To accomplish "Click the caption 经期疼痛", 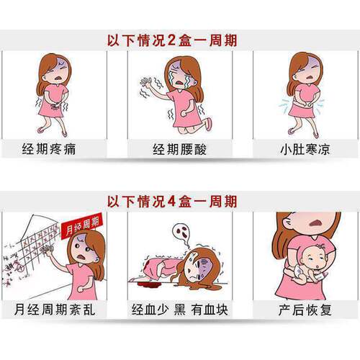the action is (x=49, y=149).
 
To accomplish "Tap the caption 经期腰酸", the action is (x=179, y=149).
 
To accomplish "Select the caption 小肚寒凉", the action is (x=305, y=149).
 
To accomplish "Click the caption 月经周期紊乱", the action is (x=55, y=309).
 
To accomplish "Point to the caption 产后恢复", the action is (x=305, y=309).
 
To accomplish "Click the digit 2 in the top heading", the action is (x=171, y=40).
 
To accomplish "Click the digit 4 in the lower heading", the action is (x=171, y=201).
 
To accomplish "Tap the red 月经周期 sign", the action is (x=82, y=226).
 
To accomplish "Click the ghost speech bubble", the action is (x=181, y=233).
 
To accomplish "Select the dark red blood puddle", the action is (x=150, y=285).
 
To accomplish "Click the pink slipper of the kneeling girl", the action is (x=208, y=124).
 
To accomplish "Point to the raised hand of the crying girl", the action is (x=146, y=82).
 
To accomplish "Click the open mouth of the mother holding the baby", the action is (x=316, y=223).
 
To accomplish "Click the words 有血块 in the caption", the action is (x=210, y=309).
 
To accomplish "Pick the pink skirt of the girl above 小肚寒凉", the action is (x=302, y=109).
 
